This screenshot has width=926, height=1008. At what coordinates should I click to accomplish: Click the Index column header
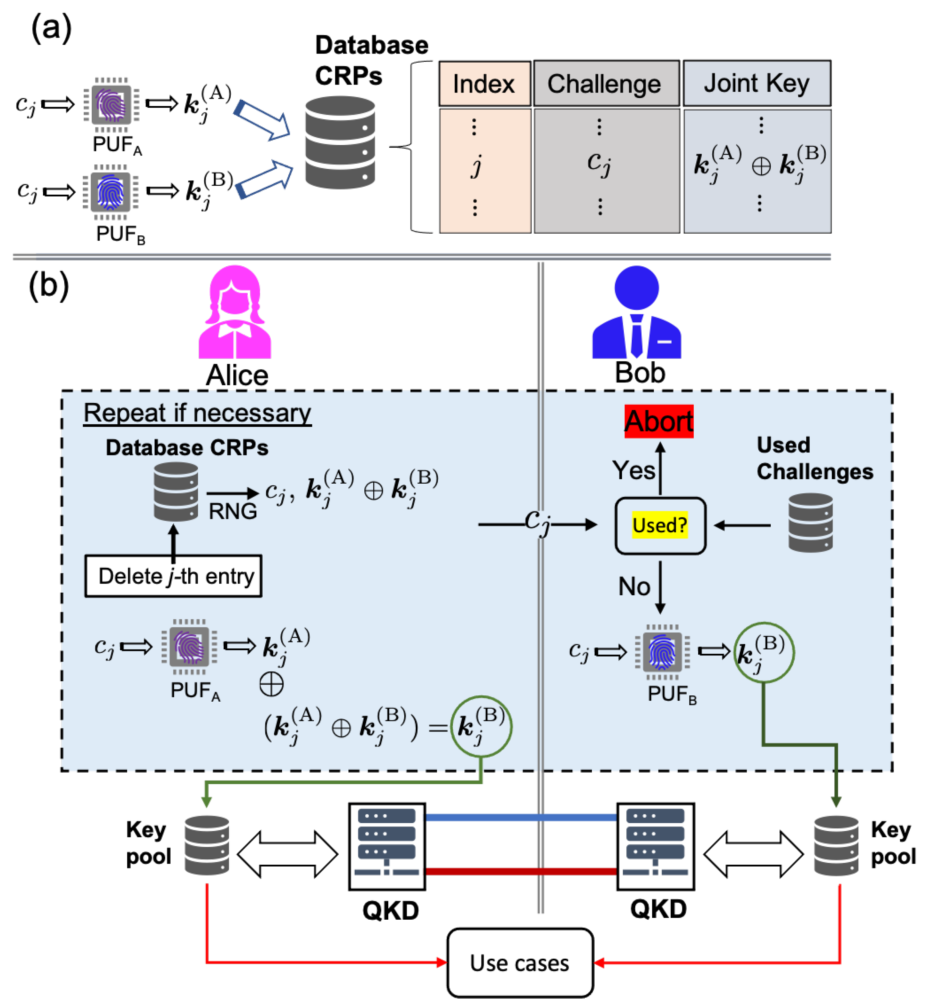pos(485,84)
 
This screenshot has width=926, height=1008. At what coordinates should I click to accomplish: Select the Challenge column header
pos(606,84)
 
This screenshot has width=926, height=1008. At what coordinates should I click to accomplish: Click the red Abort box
pos(659,421)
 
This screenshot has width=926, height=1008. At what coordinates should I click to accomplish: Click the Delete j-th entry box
pos(173,576)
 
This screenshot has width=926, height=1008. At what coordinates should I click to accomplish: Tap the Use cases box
pos(520,963)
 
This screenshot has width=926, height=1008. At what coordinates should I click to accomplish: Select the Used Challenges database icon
pos(810,523)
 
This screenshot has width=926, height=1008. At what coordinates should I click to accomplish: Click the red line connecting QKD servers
pos(521,872)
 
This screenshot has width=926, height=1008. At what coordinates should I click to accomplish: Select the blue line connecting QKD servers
pos(521,818)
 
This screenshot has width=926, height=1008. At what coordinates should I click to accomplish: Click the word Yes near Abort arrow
pos(633,470)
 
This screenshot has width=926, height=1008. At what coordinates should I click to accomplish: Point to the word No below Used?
pos(634,586)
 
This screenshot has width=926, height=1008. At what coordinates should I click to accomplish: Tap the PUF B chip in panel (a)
pos(111,192)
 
